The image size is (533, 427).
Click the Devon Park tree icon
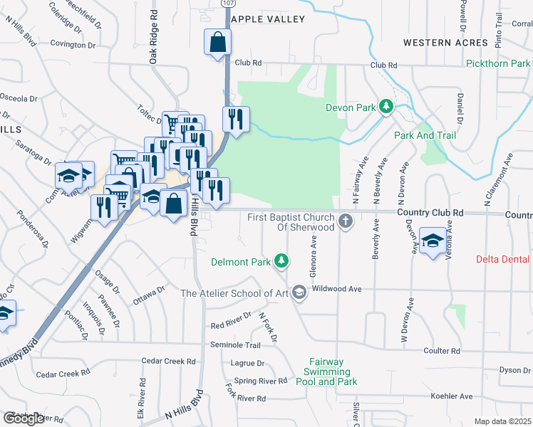[x=385, y=107]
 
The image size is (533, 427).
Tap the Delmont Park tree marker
[x=282, y=261]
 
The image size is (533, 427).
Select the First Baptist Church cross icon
[x=345, y=220]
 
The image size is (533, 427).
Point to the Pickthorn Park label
[x=498, y=64]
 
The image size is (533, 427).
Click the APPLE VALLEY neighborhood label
[x=268, y=19]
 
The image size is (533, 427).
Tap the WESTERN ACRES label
[x=436, y=43]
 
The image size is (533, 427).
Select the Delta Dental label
[x=504, y=260]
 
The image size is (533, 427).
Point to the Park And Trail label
[x=420, y=135]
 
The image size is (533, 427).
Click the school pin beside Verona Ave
[x=432, y=240]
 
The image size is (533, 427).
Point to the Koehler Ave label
[x=452, y=396]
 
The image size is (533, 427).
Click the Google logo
[x=24, y=418]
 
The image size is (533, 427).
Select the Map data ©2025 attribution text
[x=502, y=421]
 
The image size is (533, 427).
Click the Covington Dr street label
[x=73, y=45]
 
